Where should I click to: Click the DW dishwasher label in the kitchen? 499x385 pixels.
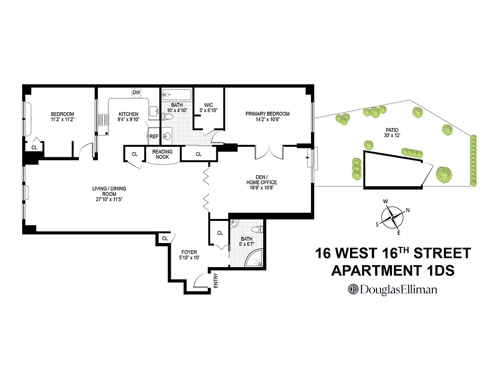pos(136,92)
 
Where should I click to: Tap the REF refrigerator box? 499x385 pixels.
pos(154,137)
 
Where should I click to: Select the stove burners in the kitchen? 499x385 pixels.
pos(104,120)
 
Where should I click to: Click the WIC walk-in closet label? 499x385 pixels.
pos(208,104)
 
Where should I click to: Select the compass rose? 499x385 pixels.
pos(392,217)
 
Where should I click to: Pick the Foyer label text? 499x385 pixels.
pos(189,255)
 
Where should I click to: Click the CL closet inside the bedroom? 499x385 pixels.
pos(34,147)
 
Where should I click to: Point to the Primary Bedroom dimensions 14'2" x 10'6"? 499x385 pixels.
pos(268,120)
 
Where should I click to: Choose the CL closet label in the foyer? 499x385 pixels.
pos(165,238)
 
